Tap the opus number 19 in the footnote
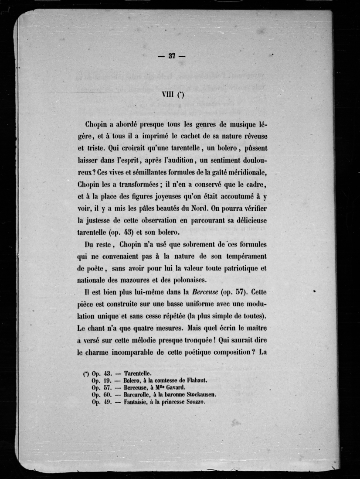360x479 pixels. [x=109, y=380]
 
